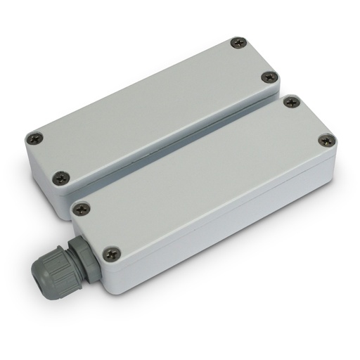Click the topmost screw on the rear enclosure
click(x=236, y=44)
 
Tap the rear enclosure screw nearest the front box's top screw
click(x=269, y=77)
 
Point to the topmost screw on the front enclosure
click(x=292, y=103)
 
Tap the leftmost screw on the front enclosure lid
click(x=81, y=209)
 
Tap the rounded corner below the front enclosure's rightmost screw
click(x=329, y=163)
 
